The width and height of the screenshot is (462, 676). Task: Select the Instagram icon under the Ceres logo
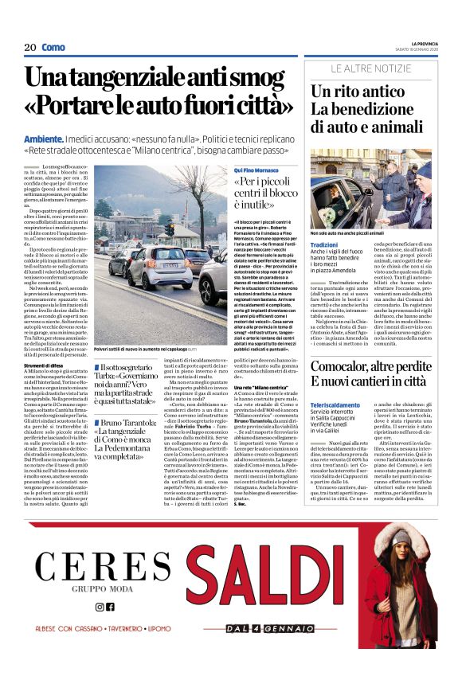coord(100,607)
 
